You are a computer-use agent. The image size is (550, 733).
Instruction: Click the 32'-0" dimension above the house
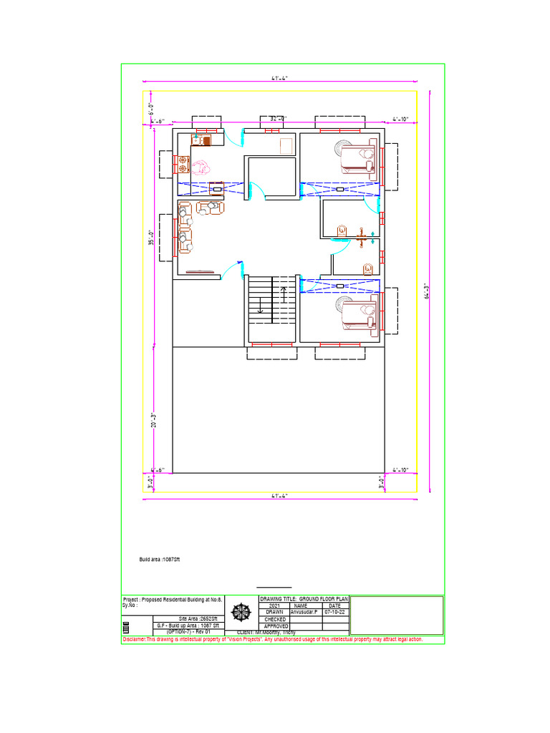[278, 118]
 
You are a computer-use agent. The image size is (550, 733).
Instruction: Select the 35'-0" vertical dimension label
[150, 236]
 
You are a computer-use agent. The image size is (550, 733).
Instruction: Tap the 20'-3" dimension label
[153, 420]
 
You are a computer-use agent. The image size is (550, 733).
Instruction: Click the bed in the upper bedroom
[357, 157]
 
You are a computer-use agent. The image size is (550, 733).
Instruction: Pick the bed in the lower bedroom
[357, 315]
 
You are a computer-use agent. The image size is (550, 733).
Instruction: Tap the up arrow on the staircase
[284, 293]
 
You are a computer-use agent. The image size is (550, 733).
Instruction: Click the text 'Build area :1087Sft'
[160, 559]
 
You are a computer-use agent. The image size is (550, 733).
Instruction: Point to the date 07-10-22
[335, 613]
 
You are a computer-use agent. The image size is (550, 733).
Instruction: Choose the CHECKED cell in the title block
[275, 619]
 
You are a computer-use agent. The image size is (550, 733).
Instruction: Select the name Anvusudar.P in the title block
[305, 613]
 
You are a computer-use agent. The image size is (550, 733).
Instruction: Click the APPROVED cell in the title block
[275, 626]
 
